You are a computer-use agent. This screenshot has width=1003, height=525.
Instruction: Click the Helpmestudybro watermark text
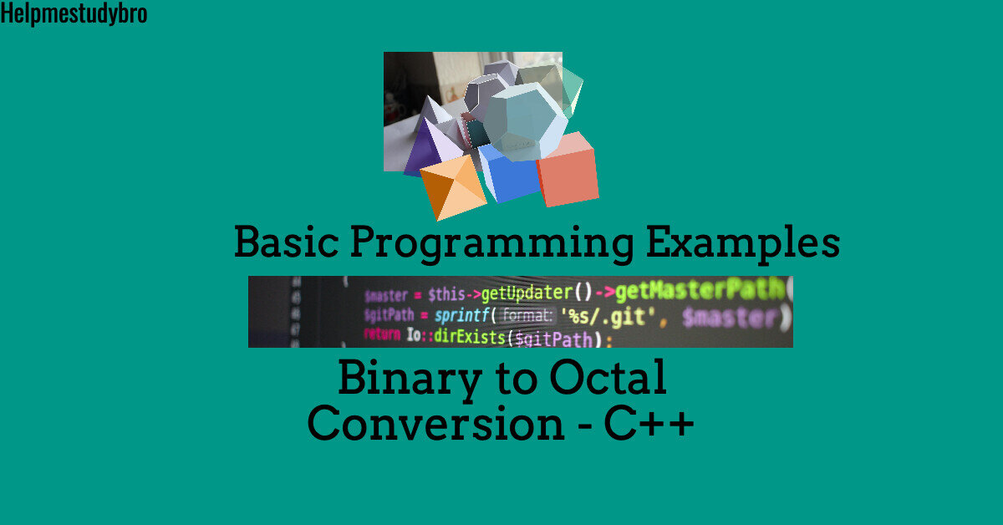(x=74, y=13)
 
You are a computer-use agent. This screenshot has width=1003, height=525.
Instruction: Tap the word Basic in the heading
(x=285, y=243)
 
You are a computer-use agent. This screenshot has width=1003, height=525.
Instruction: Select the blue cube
(x=508, y=173)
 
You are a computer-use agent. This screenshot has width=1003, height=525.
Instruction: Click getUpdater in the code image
(x=525, y=293)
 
